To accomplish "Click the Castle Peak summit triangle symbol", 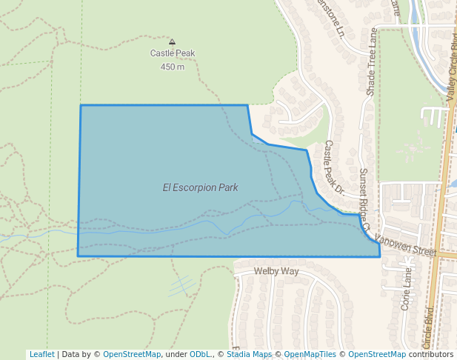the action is pyautogui.click(x=173, y=42).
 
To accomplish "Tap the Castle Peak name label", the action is pyautogui.click(x=173, y=53).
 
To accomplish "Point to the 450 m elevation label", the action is pyautogui.click(x=173, y=67).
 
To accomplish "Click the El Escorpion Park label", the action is pyautogui.click(x=200, y=187).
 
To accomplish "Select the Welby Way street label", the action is pyautogui.click(x=276, y=272).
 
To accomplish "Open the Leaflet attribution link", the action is pyautogui.click(x=41, y=354).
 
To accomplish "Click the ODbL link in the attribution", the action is pyautogui.click(x=201, y=354).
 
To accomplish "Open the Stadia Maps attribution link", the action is pyautogui.click(x=250, y=354).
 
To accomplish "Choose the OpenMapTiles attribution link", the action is pyautogui.click(x=308, y=354).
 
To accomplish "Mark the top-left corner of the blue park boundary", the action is pyautogui.click(x=81, y=105).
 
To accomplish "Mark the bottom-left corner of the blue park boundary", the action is pyautogui.click(x=78, y=256).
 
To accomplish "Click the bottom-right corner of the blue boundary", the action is pyautogui.click(x=380, y=257).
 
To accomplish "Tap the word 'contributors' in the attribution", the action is pyautogui.click(x=431, y=354).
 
